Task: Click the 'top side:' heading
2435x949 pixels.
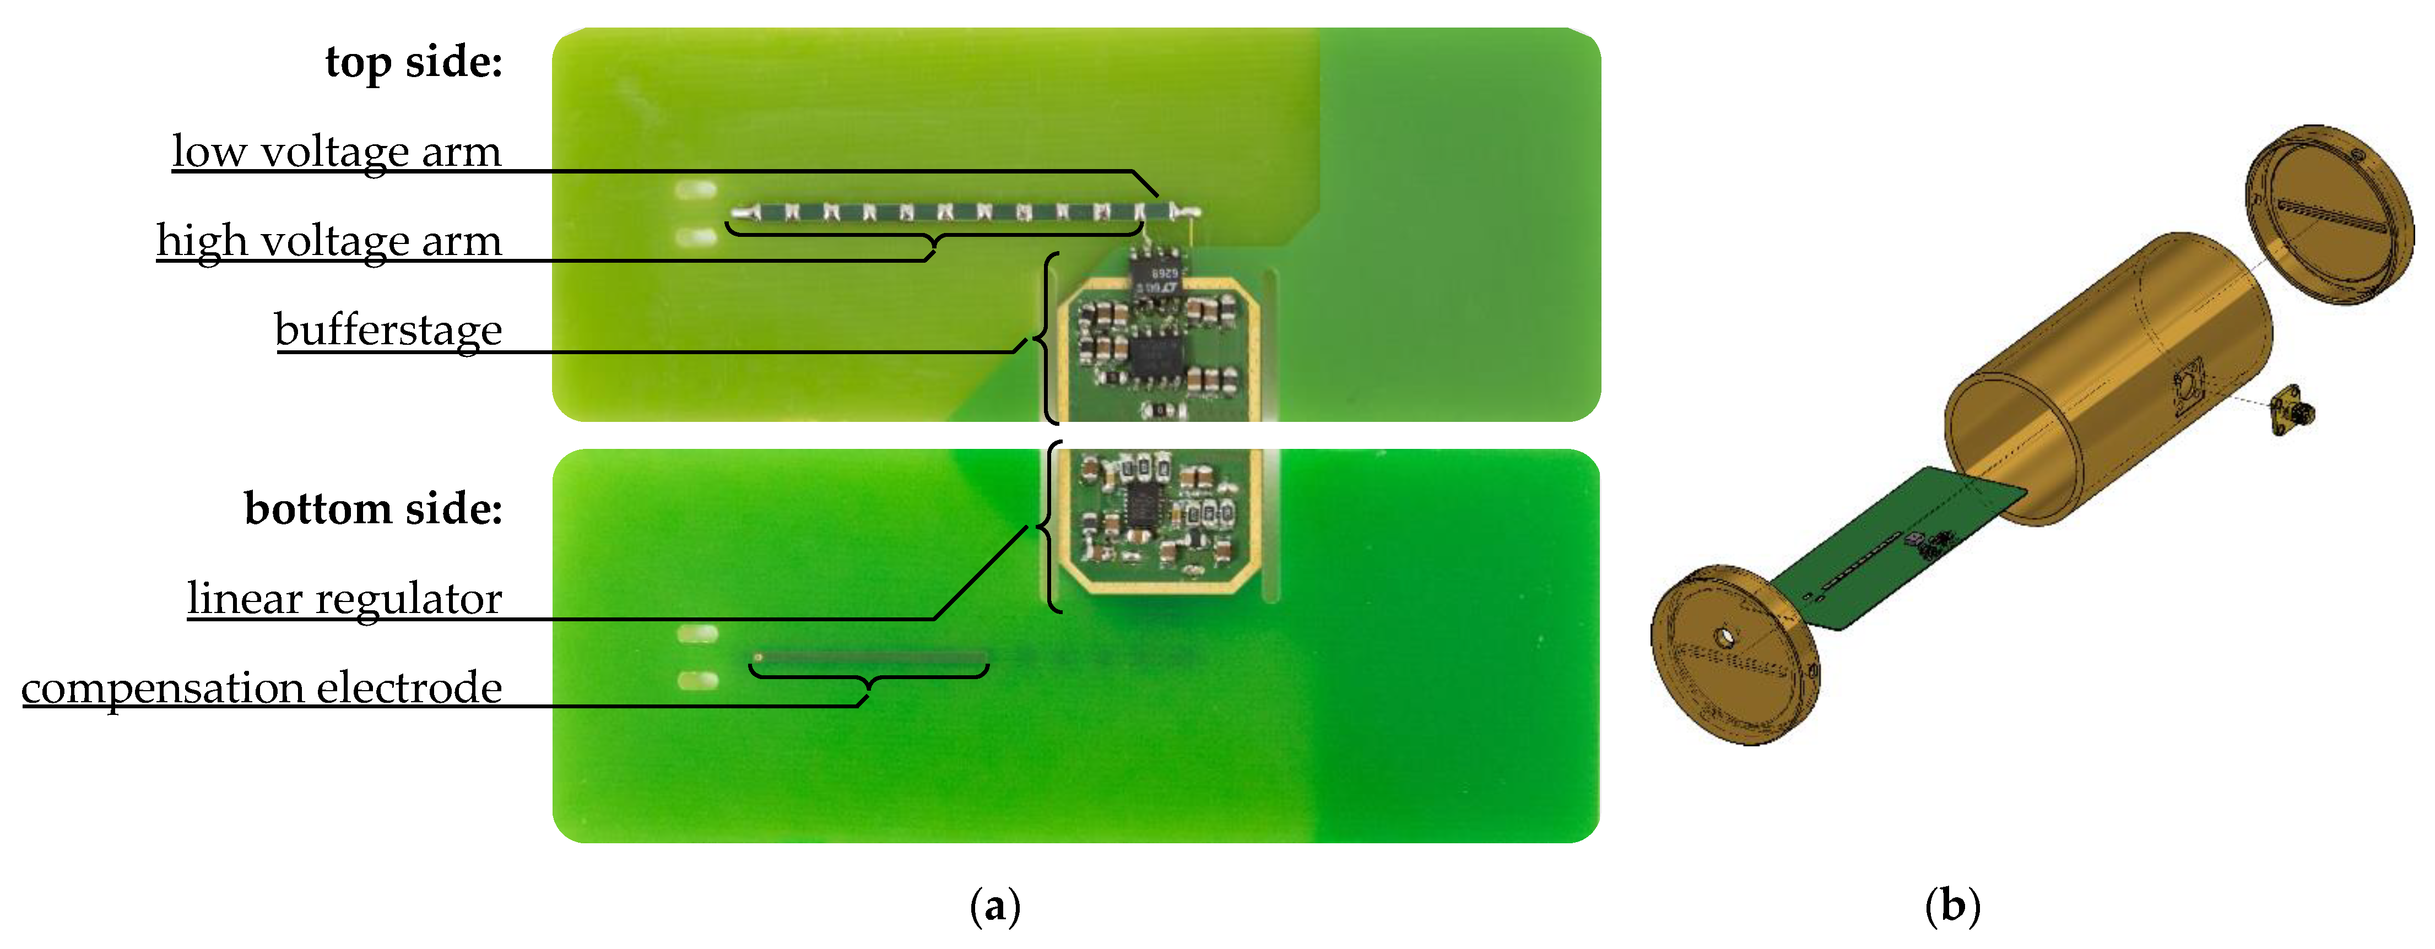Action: (414, 62)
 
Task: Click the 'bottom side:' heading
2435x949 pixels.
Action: (374, 508)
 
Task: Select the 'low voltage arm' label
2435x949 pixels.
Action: (337, 151)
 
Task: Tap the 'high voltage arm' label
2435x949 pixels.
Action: (329, 240)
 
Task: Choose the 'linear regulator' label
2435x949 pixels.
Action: (345, 598)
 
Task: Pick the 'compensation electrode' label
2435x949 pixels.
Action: (262, 687)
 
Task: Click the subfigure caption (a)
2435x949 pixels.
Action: (995, 905)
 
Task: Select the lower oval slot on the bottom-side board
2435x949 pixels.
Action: (697, 680)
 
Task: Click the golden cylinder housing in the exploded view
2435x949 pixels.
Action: (2108, 378)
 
